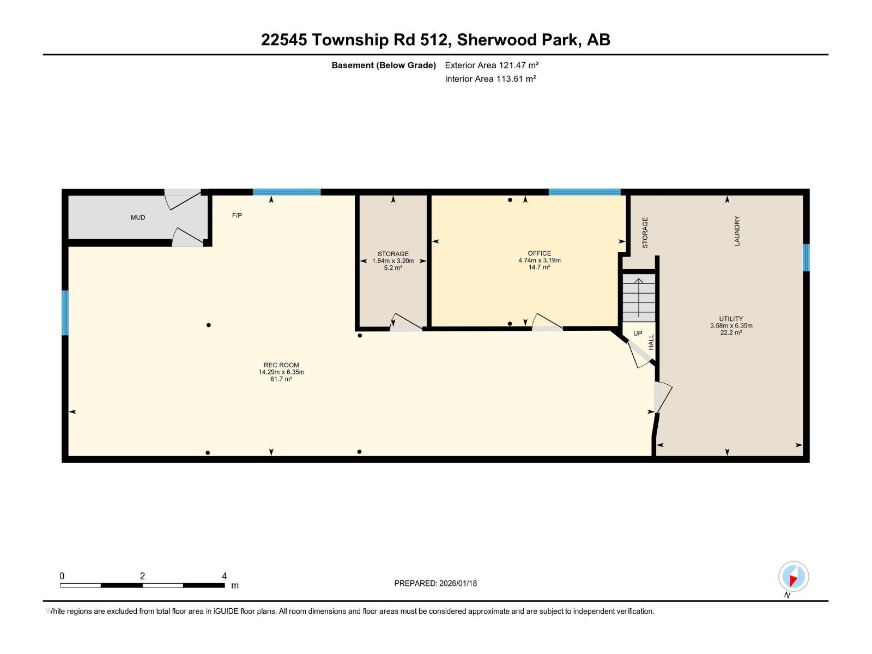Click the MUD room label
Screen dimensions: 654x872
click(x=137, y=217)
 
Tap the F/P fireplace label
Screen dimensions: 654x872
click(x=237, y=216)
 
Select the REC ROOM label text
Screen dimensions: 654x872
click(x=281, y=365)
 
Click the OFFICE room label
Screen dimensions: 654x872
click(x=539, y=253)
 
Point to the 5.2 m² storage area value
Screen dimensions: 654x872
click(x=393, y=268)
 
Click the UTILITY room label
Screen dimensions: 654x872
click(x=731, y=319)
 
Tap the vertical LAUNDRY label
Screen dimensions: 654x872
click(x=737, y=231)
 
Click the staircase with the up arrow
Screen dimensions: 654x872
click(x=639, y=298)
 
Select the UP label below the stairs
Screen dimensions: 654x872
click(x=638, y=334)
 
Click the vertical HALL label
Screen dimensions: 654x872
click(x=651, y=342)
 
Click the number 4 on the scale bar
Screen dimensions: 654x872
click(x=224, y=576)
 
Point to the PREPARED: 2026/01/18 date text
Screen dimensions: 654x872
click(x=435, y=583)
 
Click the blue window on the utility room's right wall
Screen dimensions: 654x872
click(x=806, y=257)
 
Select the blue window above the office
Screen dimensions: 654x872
click(x=584, y=192)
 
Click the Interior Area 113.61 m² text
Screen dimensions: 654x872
click(x=490, y=78)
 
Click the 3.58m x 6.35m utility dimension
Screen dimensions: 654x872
click(x=731, y=326)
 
